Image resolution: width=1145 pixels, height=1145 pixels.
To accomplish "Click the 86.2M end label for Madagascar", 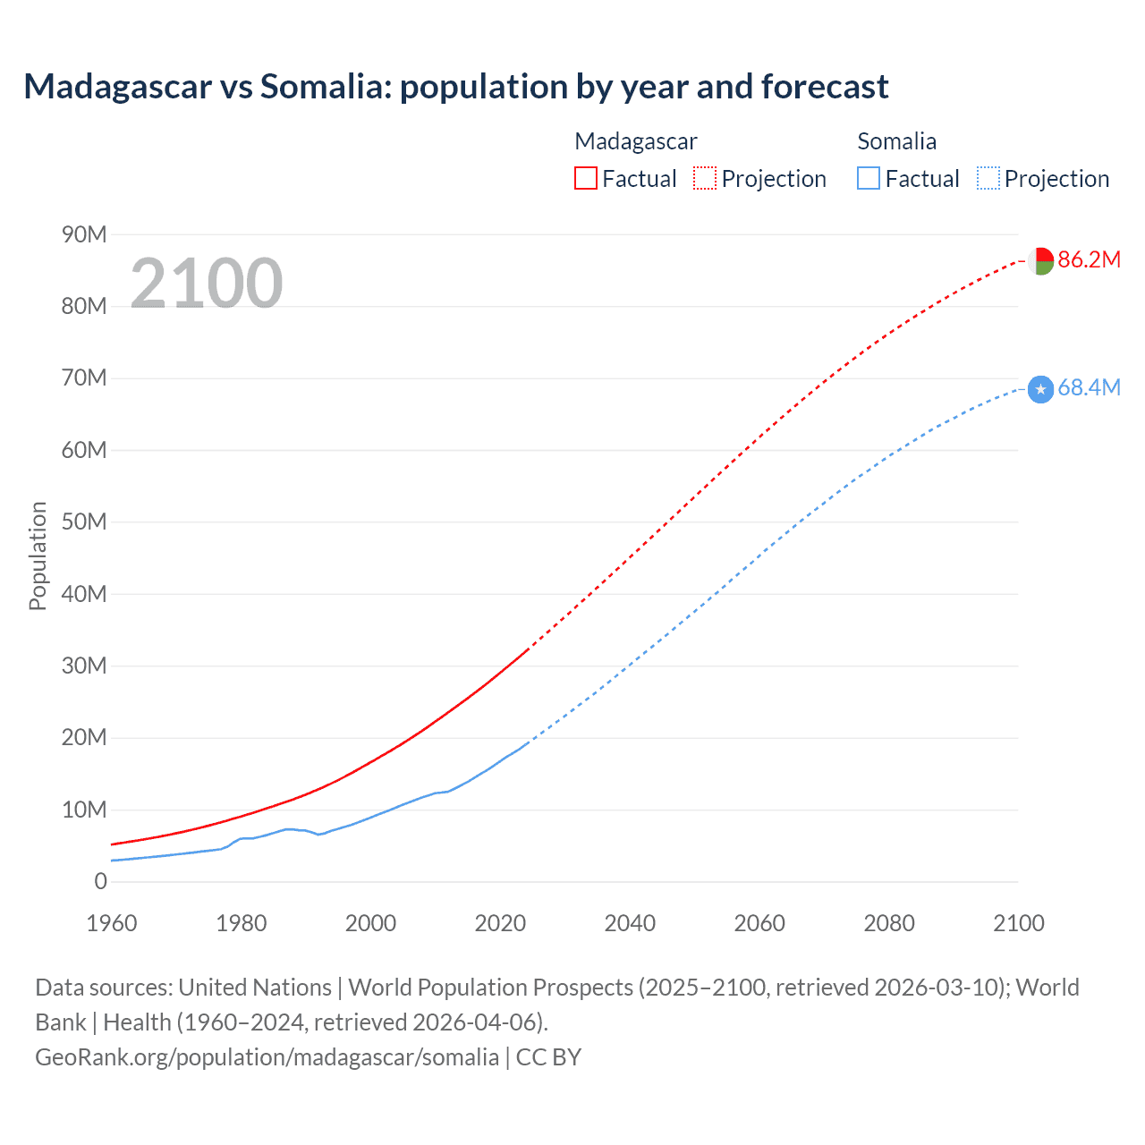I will tap(1089, 259).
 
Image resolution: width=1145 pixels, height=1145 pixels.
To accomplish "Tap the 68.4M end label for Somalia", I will tap(1089, 387).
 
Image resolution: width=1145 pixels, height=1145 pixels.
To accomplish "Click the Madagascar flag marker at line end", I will tap(1040, 260).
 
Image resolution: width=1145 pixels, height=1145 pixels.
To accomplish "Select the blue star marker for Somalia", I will tap(1040, 389).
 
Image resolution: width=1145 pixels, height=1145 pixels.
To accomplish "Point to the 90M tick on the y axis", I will tap(84, 234).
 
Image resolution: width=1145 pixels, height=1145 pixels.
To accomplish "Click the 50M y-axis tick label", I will tap(84, 522).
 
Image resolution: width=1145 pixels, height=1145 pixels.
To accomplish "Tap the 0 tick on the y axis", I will tap(100, 881).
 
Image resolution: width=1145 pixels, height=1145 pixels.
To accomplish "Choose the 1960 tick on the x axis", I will tap(112, 923).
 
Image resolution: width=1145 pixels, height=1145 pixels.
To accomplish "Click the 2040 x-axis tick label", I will tap(630, 923).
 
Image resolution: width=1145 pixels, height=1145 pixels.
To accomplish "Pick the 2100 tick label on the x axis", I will tap(1018, 923).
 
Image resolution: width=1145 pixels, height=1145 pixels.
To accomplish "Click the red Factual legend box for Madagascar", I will tap(586, 178).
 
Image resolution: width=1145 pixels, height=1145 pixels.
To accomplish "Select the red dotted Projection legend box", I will tap(705, 178).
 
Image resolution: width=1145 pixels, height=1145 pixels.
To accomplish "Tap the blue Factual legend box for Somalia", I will tap(869, 178).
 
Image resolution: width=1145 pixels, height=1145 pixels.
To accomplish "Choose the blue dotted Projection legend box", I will tap(988, 178).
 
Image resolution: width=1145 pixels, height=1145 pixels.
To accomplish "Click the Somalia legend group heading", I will tap(896, 141).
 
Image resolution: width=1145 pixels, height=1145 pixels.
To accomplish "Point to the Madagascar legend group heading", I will tap(635, 141).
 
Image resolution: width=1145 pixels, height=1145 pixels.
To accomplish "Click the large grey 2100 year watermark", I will tap(207, 284).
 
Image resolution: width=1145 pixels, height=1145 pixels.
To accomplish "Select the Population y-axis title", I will tap(38, 556).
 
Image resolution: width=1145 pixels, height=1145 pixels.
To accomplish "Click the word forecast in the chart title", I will tap(825, 87).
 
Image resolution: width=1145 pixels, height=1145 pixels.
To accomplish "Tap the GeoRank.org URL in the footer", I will tap(267, 1056).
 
